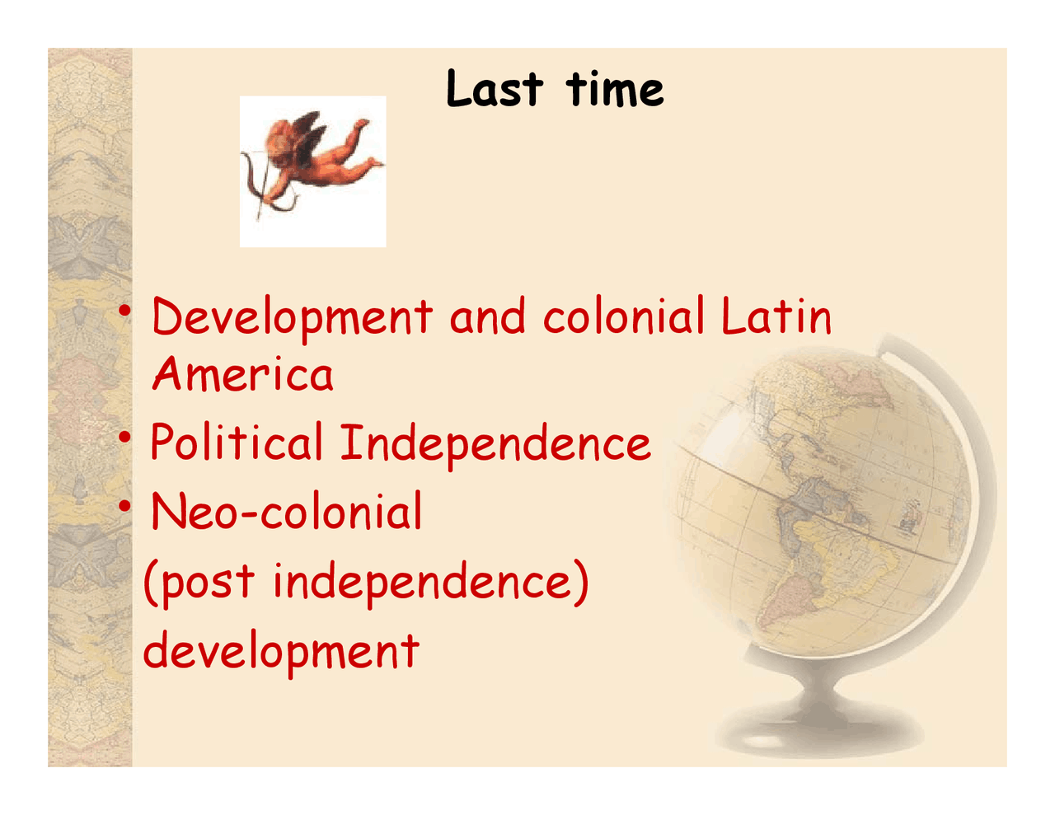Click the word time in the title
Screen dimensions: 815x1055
tap(615, 89)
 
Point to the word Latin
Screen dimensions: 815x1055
tap(776, 316)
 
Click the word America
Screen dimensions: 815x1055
tap(243, 375)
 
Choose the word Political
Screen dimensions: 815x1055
tap(237, 443)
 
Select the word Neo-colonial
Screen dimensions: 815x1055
tap(286, 512)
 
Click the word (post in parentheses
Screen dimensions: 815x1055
tap(199, 582)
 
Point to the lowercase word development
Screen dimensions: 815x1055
tap(281, 651)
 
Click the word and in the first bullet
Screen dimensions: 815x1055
tap(488, 316)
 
